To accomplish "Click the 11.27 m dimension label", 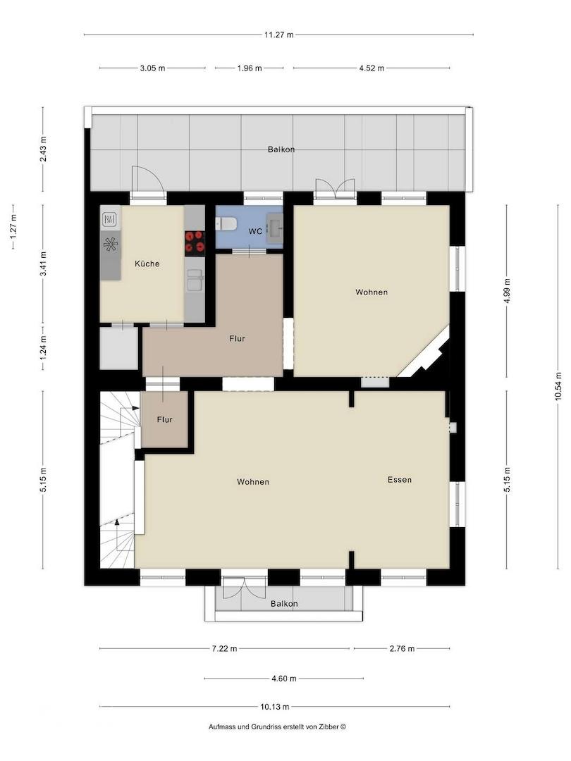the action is (x=278, y=35).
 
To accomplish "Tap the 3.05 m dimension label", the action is (x=152, y=68).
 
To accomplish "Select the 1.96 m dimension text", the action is (x=250, y=68).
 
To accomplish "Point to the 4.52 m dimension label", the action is (x=372, y=68).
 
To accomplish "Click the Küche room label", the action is (x=147, y=264).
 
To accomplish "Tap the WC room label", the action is (x=255, y=231).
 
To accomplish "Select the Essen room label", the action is (x=400, y=480).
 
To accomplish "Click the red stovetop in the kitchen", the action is (x=195, y=243).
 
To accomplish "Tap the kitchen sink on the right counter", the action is (x=195, y=282).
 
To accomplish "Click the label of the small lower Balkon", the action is (x=284, y=603).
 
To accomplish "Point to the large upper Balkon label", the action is (x=281, y=149).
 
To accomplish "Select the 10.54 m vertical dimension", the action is (x=558, y=386).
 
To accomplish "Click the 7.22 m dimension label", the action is (x=224, y=648).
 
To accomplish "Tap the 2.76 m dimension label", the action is (x=402, y=648).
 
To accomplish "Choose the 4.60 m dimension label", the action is (x=283, y=679).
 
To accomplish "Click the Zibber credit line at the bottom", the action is (x=277, y=726).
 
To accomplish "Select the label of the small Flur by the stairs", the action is (x=164, y=419).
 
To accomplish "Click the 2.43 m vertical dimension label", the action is (x=43, y=150).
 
